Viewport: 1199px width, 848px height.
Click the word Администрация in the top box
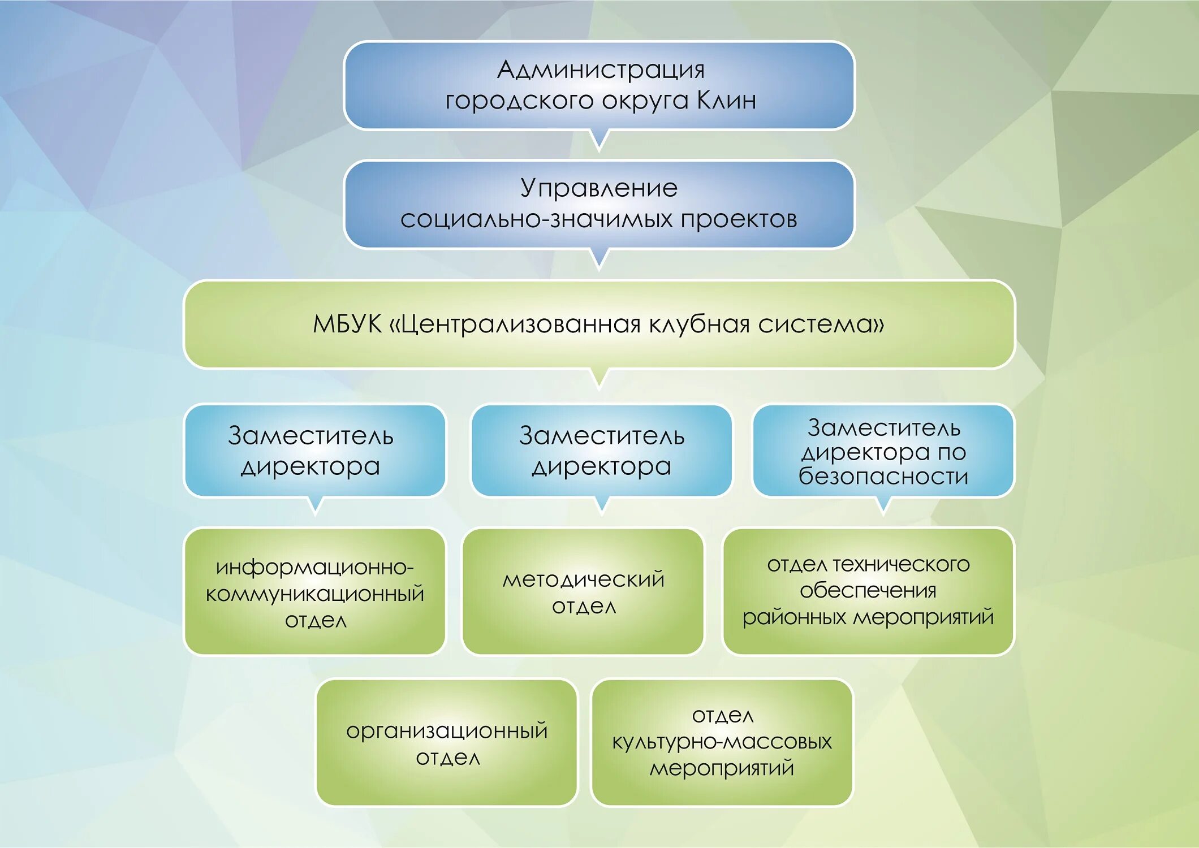coord(601,70)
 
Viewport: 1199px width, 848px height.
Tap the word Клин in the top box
coord(726,101)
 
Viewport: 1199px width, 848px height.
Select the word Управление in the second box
coord(599,188)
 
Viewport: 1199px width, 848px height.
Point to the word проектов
coord(739,219)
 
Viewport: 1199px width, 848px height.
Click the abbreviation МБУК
coord(347,325)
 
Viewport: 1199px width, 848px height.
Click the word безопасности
coord(883,477)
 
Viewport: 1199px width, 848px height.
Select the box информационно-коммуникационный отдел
coord(315,592)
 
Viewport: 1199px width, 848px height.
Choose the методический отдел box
coord(583,592)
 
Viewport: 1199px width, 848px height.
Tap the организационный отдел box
coord(447,743)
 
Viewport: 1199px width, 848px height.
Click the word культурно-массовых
coord(722,742)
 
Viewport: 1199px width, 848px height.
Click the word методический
coord(583,579)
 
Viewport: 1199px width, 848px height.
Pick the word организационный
coord(447,731)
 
